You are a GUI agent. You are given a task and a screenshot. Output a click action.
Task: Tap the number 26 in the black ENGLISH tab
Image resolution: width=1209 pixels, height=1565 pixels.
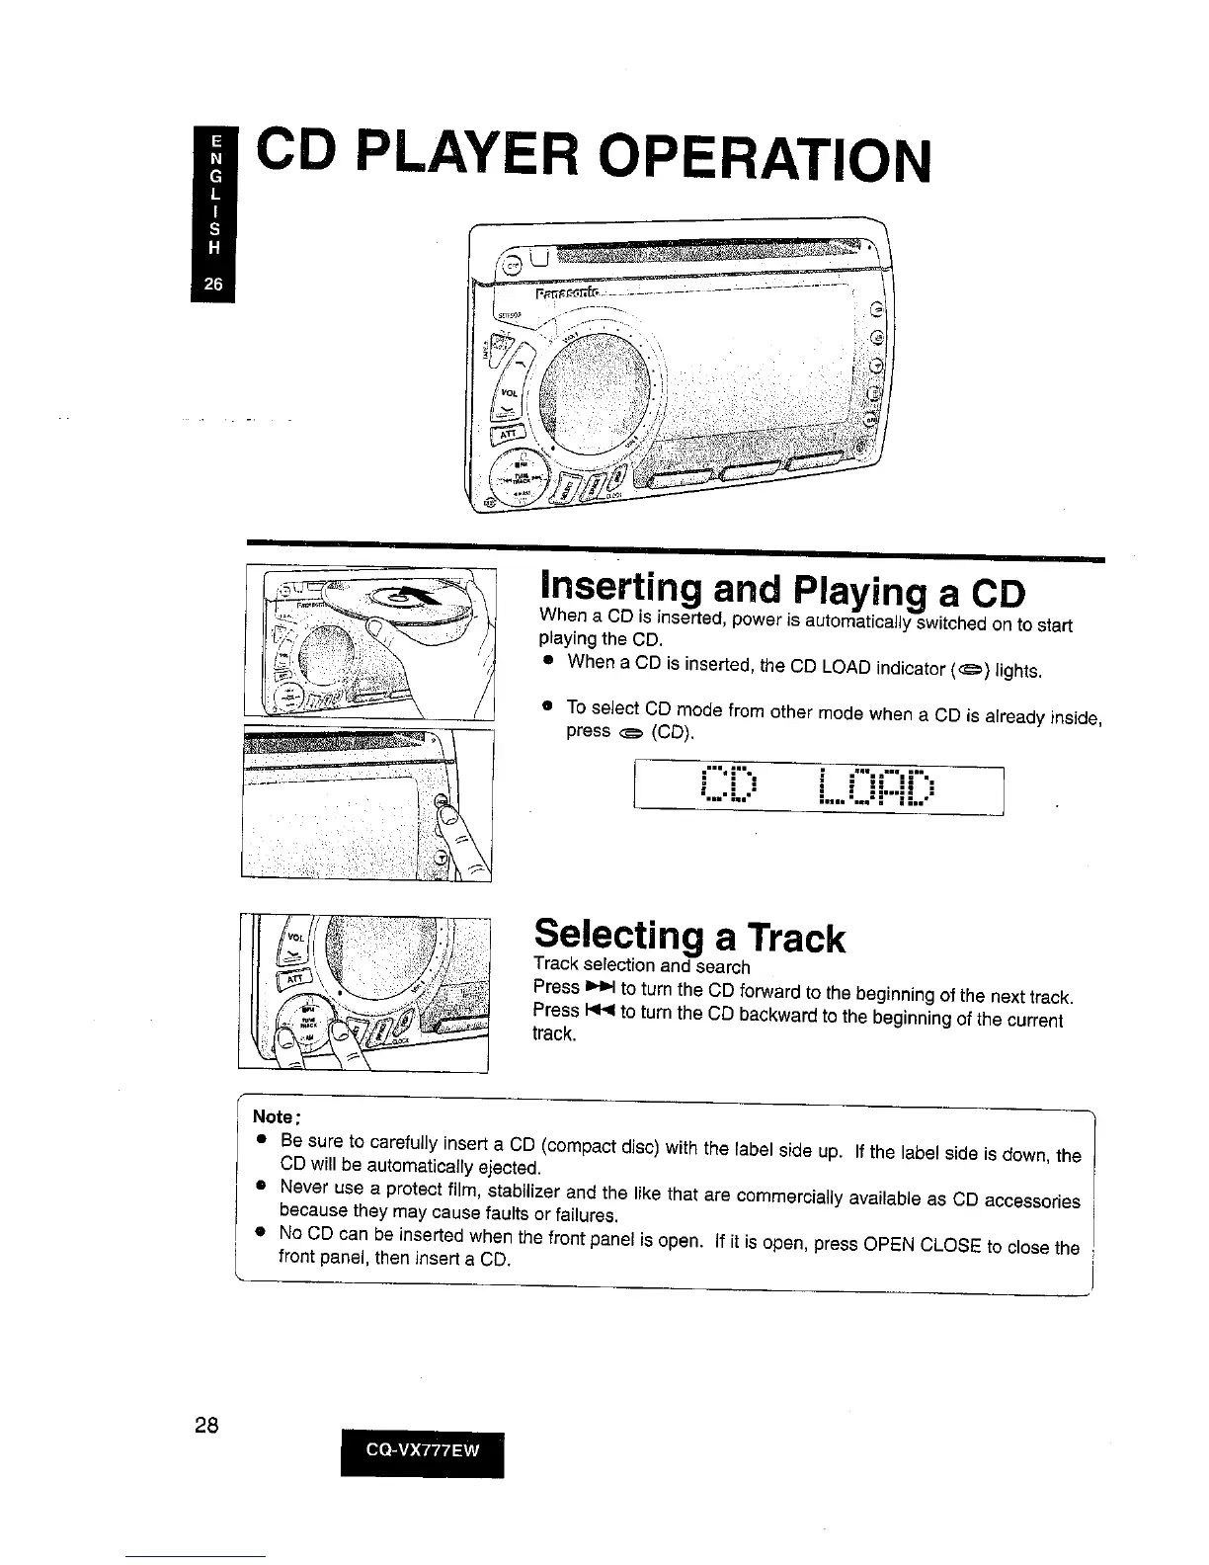[213, 284]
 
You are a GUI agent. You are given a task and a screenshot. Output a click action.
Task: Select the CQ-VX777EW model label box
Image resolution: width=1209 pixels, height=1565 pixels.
[422, 1450]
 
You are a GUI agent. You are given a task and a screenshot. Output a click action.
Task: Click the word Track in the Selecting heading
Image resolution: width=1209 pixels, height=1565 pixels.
[795, 939]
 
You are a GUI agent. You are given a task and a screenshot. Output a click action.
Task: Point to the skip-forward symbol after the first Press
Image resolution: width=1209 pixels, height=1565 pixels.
[601, 987]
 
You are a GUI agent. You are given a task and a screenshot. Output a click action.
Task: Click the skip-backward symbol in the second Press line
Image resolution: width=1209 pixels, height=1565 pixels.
[601, 1010]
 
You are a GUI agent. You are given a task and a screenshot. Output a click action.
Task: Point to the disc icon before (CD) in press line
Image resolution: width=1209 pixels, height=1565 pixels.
[631, 733]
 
